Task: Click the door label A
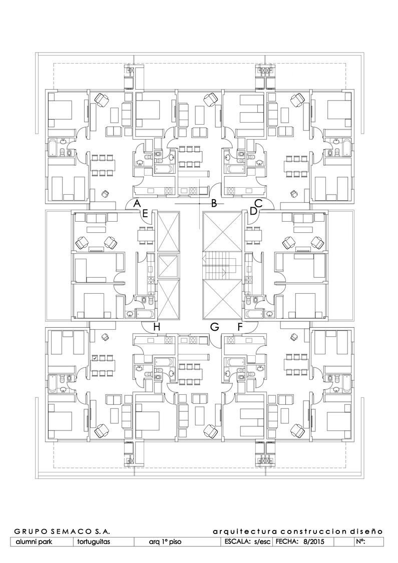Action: click(137, 203)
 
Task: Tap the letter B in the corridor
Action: click(214, 204)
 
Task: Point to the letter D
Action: click(253, 212)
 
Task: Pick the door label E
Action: click(145, 214)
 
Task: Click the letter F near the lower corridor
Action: click(240, 327)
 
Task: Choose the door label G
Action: click(215, 327)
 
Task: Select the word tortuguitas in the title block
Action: click(94, 542)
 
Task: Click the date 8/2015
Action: click(311, 541)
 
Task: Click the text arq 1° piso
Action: click(165, 542)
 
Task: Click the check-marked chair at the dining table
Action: click(95, 358)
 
